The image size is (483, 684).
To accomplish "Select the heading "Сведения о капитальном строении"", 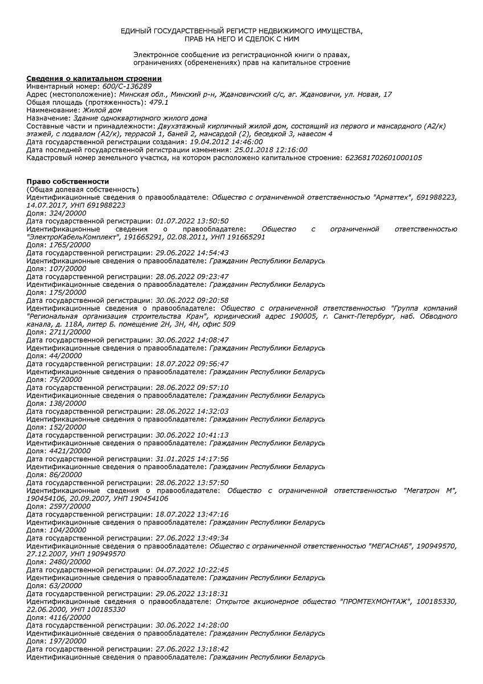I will click(94, 78).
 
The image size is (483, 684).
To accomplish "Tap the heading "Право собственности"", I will click(67, 181).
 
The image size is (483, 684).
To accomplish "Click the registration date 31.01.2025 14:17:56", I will click(192, 458).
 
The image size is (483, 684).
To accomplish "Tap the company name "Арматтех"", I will click(392, 197).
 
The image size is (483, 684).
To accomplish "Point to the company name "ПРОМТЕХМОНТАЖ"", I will click(375, 601).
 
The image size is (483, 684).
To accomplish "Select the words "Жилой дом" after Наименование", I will click(100, 110).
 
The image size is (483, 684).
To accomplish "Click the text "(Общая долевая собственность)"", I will click(82, 189).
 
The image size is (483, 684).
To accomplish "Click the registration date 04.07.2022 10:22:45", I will click(192, 569).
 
